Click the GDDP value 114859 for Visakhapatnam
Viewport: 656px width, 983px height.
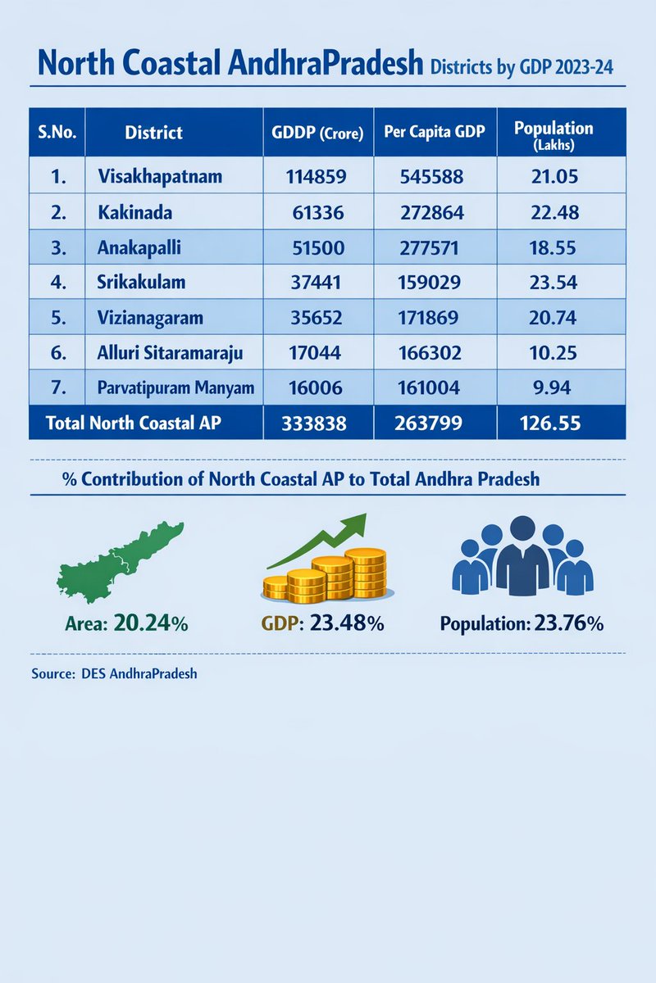pos(317,177)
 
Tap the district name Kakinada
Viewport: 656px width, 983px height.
pos(131,212)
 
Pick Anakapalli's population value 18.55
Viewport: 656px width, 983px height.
pos(553,247)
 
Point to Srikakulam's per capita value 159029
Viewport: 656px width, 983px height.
pos(431,283)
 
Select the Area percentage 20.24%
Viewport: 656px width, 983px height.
pos(151,623)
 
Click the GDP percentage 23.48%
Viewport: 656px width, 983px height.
pos(345,623)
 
